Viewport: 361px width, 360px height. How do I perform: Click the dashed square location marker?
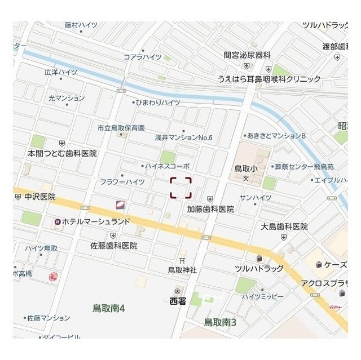[x=181, y=188]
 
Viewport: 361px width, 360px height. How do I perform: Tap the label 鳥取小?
[x=246, y=168]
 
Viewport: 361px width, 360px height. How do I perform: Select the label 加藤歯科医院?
[x=210, y=208]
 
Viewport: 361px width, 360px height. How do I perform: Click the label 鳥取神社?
[x=182, y=270]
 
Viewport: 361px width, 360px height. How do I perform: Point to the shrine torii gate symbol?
[x=182, y=260]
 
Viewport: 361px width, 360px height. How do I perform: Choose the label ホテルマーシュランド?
[x=97, y=222]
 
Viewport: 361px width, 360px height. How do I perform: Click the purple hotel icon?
[x=58, y=222]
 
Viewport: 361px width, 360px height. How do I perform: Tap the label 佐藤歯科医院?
[x=114, y=246]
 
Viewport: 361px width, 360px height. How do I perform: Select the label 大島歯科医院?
[x=284, y=226]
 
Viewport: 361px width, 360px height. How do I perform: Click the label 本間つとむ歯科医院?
[x=63, y=153]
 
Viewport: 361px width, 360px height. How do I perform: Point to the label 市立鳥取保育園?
[x=121, y=128]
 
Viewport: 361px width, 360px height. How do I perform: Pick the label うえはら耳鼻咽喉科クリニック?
[x=270, y=79]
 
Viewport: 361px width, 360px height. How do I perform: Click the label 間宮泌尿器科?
[x=247, y=55]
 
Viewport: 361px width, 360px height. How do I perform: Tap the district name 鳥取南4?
[x=108, y=308]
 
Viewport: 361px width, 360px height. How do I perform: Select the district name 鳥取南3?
[x=219, y=322]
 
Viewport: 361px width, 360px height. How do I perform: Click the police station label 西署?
[x=178, y=301]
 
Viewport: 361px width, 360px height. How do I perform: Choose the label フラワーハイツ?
[x=122, y=182]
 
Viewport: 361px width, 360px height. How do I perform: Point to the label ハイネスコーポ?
[x=167, y=166]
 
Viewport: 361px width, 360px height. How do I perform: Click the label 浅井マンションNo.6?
[x=183, y=137]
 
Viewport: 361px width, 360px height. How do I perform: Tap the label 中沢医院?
[x=40, y=197]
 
